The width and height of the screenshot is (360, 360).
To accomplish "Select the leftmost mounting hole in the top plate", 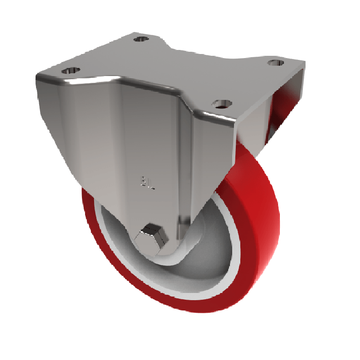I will (x=71, y=70).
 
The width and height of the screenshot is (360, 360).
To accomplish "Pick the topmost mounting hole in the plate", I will (x=141, y=39).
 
